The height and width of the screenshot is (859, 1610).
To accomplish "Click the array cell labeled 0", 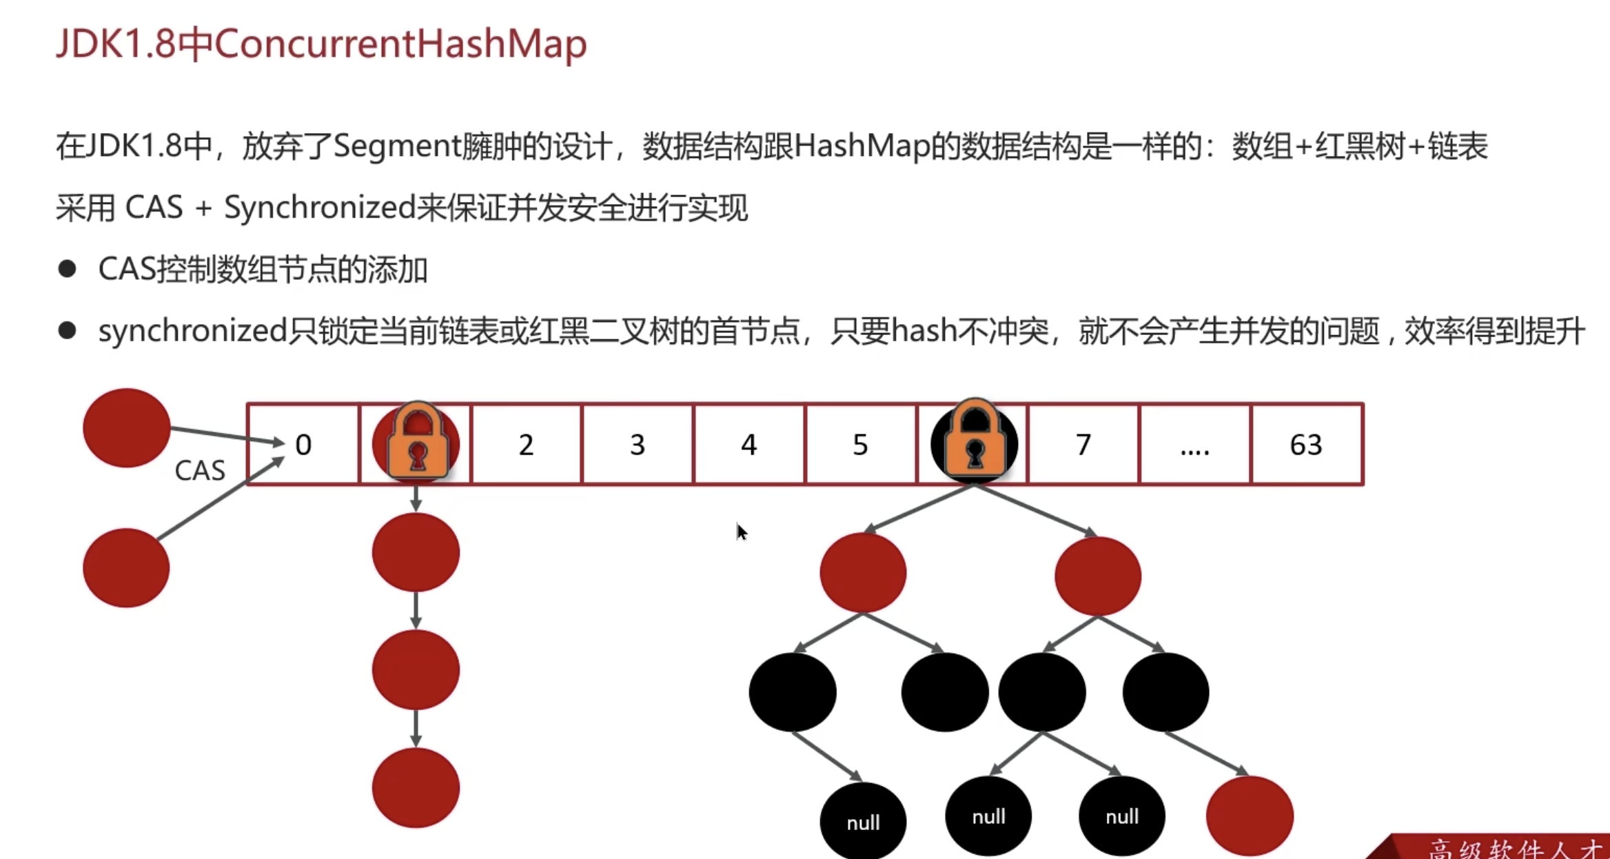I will click(x=303, y=445).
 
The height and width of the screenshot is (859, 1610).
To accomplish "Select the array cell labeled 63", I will click(x=1306, y=445).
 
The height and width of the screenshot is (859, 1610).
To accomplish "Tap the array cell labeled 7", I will click(x=1083, y=445).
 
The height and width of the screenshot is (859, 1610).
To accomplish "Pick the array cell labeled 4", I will click(x=748, y=445).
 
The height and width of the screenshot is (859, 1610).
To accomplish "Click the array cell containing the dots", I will click(x=1194, y=445).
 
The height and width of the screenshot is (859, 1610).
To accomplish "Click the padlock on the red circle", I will click(x=417, y=441).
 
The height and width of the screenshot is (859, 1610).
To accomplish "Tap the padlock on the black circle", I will click(x=974, y=441).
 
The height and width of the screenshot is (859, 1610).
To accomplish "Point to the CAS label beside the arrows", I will click(x=200, y=470).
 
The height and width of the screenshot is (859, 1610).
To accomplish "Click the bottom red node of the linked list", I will click(x=416, y=787).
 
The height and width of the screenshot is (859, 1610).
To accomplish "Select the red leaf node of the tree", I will click(x=1250, y=816).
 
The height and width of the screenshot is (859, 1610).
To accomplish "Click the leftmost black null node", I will click(x=863, y=821).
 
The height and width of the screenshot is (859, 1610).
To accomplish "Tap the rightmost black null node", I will click(x=1121, y=816).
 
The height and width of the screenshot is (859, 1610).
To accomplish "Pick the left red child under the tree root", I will click(x=863, y=572).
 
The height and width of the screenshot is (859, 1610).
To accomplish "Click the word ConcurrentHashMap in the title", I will click(x=400, y=43).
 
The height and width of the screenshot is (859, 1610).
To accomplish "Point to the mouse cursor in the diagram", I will click(x=741, y=532).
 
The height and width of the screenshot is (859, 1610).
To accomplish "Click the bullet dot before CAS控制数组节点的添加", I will click(x=67, y=269).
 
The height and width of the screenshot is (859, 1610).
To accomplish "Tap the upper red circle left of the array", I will click(x=126, y=427).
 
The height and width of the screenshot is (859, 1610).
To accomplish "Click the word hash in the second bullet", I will click(x=924, y=331).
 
